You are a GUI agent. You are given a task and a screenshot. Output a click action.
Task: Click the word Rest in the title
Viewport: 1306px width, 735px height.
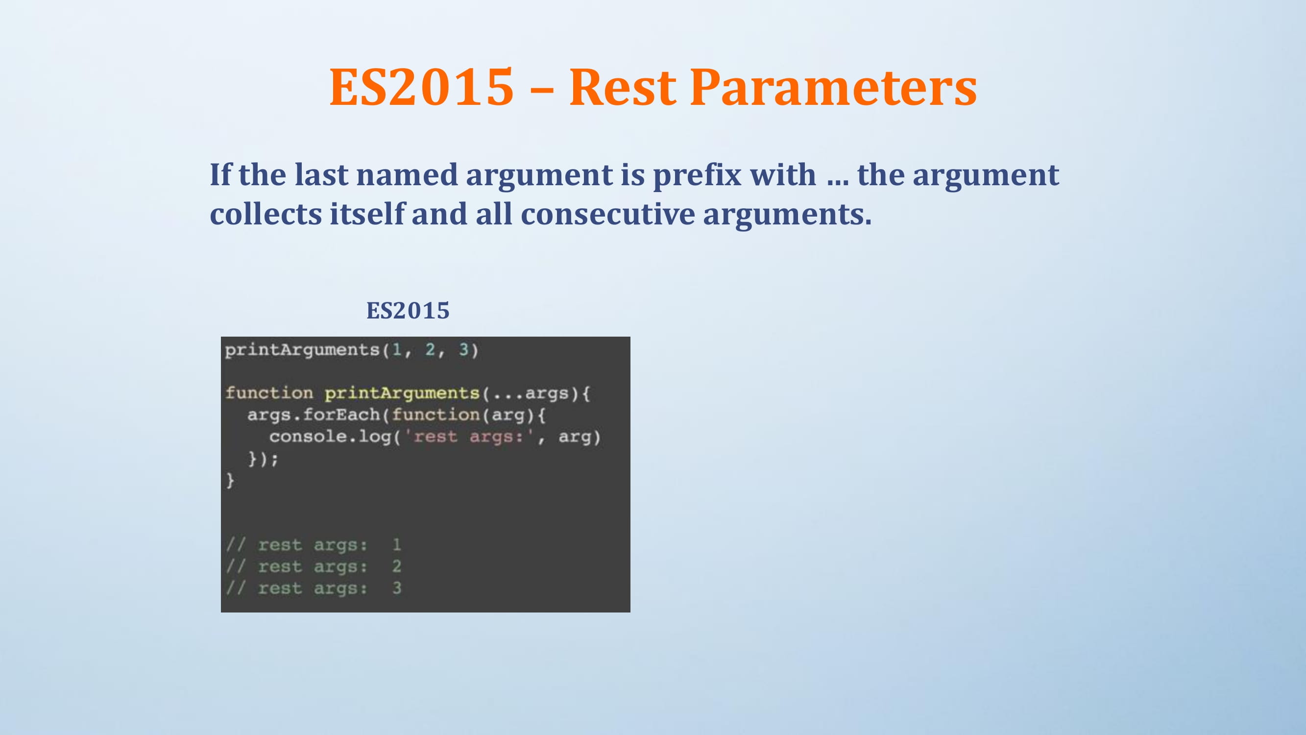click(623, 87)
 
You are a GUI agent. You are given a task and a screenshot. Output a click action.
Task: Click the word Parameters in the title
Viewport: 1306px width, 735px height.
click(833, 87)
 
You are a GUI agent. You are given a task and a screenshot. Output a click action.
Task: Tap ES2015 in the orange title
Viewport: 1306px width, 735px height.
click(422, 87)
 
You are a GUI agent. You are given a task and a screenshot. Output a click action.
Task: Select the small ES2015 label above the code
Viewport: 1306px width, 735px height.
click(408, 311)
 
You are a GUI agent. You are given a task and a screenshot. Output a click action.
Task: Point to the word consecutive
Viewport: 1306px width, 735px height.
click(607, 214)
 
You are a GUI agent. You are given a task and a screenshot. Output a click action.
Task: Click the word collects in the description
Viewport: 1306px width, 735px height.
click(266, 214)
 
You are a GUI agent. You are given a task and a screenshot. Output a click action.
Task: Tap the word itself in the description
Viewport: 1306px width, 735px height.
click(367, 214)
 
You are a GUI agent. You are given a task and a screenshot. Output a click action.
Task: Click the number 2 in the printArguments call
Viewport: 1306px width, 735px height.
click(430, 349)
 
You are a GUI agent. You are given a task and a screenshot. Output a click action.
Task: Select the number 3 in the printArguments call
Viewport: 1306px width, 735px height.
click(463, 349)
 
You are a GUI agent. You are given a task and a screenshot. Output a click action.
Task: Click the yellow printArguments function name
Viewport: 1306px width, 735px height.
click(402, 393)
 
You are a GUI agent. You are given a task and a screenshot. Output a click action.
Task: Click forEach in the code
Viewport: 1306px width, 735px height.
click(341, 415)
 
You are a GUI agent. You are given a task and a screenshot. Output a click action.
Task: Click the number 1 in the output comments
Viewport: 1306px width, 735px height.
click(396, 545)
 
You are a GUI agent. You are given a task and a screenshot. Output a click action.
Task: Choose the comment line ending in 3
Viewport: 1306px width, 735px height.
click(314, 588)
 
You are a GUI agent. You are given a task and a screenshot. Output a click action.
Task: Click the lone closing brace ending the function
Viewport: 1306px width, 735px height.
click(230, 480)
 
